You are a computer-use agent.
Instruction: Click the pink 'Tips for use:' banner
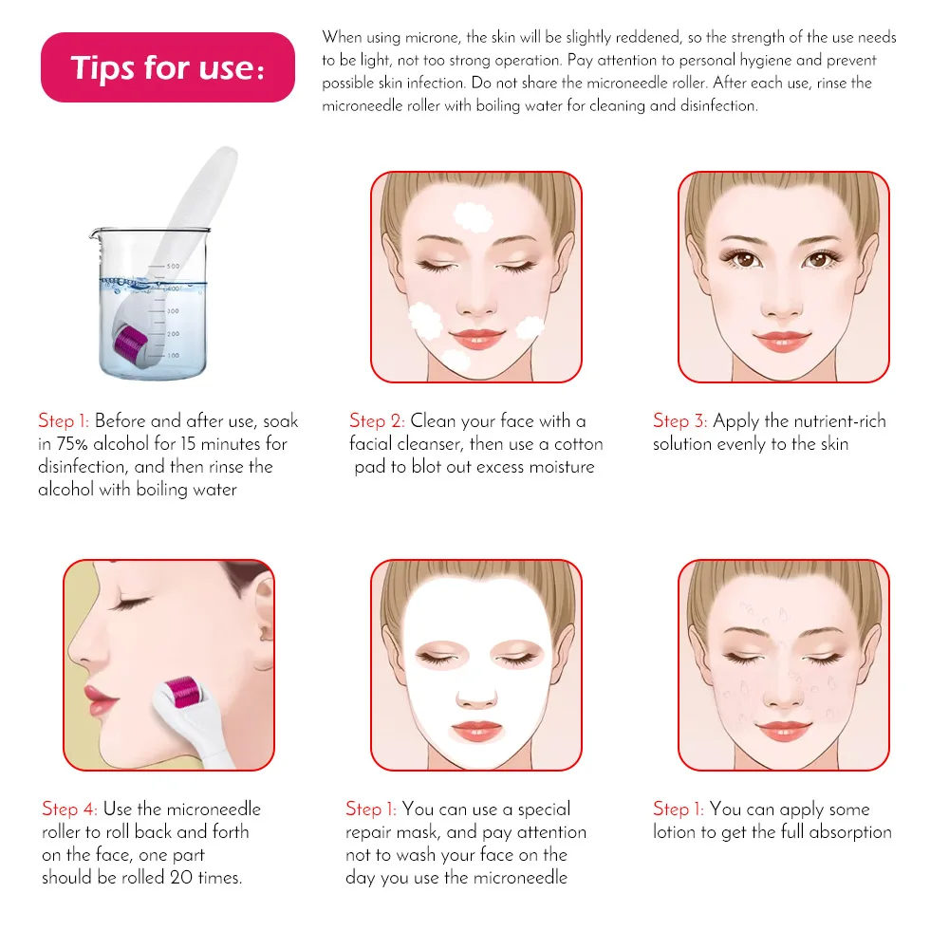[x=168, y=67]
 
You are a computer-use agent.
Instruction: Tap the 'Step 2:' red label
[x=377, y=420]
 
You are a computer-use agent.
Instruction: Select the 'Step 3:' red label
[x=679, y=420]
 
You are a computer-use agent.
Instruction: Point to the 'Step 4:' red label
[x=69, y=809]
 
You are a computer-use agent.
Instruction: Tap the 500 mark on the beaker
[x=173, y=267]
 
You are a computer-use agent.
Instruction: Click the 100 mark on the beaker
[x=173, y=355]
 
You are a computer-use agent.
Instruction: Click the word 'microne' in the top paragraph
[x=432, y=38]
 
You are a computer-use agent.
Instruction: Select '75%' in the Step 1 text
[x=72, y=443]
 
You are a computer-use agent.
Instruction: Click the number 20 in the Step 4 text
[x=181, y=877]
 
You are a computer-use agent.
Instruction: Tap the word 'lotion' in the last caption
[x=674, y=831]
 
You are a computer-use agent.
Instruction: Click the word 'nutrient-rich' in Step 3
[x=840, y=420]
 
